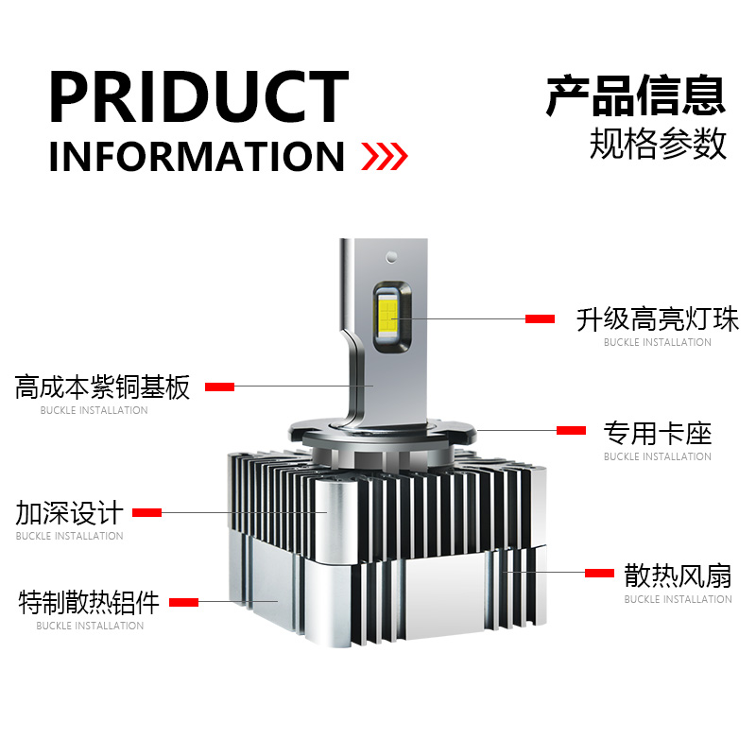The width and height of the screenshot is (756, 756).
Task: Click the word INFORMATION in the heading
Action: [197, 157]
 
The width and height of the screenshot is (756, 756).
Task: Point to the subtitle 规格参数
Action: [658, 144]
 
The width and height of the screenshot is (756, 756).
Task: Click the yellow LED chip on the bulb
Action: [388, 315]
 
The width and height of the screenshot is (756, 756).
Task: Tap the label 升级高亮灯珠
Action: [658, 318]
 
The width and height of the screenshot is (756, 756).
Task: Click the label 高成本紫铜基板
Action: [102, 387]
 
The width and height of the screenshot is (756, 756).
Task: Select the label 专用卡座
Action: [658, 434]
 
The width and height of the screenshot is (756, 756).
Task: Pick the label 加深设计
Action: [69, 513]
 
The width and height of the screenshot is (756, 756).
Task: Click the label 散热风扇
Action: [678, 576]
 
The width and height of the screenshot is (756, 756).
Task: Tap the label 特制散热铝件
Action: [89, 602]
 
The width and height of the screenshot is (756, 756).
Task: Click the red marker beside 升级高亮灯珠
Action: [540, 319]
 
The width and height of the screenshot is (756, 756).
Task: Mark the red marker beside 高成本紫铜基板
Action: [219, 387]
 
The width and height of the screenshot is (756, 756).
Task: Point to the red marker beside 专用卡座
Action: [571, 431]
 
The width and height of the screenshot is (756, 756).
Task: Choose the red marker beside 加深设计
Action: [146, 512]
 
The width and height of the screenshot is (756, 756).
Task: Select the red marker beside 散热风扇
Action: [599, 573]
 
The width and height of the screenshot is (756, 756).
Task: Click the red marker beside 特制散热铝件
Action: [183, 602]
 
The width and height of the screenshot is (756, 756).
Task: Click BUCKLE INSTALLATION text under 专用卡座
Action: [658, 456]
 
